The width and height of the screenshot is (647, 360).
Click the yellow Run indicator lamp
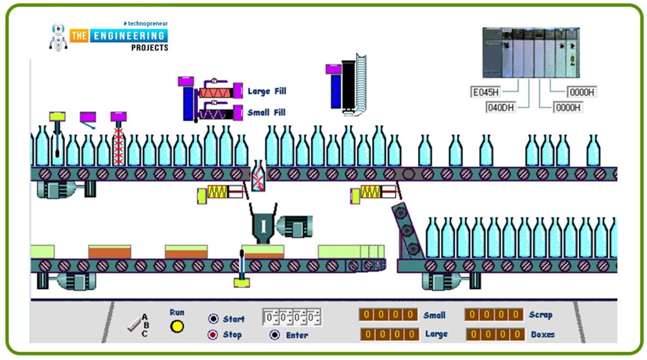click(178, 327)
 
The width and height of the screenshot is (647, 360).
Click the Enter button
click(275, 335)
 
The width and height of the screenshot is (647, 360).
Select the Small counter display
click(389, 315)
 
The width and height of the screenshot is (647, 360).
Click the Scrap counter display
click(494, 315)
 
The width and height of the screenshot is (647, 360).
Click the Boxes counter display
click(495, 334)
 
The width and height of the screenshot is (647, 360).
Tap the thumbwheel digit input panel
click(292, 316)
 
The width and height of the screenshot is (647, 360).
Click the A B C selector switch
click(138, 325)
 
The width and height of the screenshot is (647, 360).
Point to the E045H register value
click(486, 92)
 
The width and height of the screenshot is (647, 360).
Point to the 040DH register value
click(500, 107)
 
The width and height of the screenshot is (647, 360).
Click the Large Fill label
click(267, 92)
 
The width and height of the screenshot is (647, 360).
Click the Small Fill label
click(267, 112)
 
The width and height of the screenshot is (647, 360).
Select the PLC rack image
click(531, 52)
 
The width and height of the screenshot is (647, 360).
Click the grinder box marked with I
click(263, 226)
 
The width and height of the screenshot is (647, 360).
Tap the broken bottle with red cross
click(258, 176)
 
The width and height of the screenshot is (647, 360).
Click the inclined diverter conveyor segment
click(407, 231)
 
